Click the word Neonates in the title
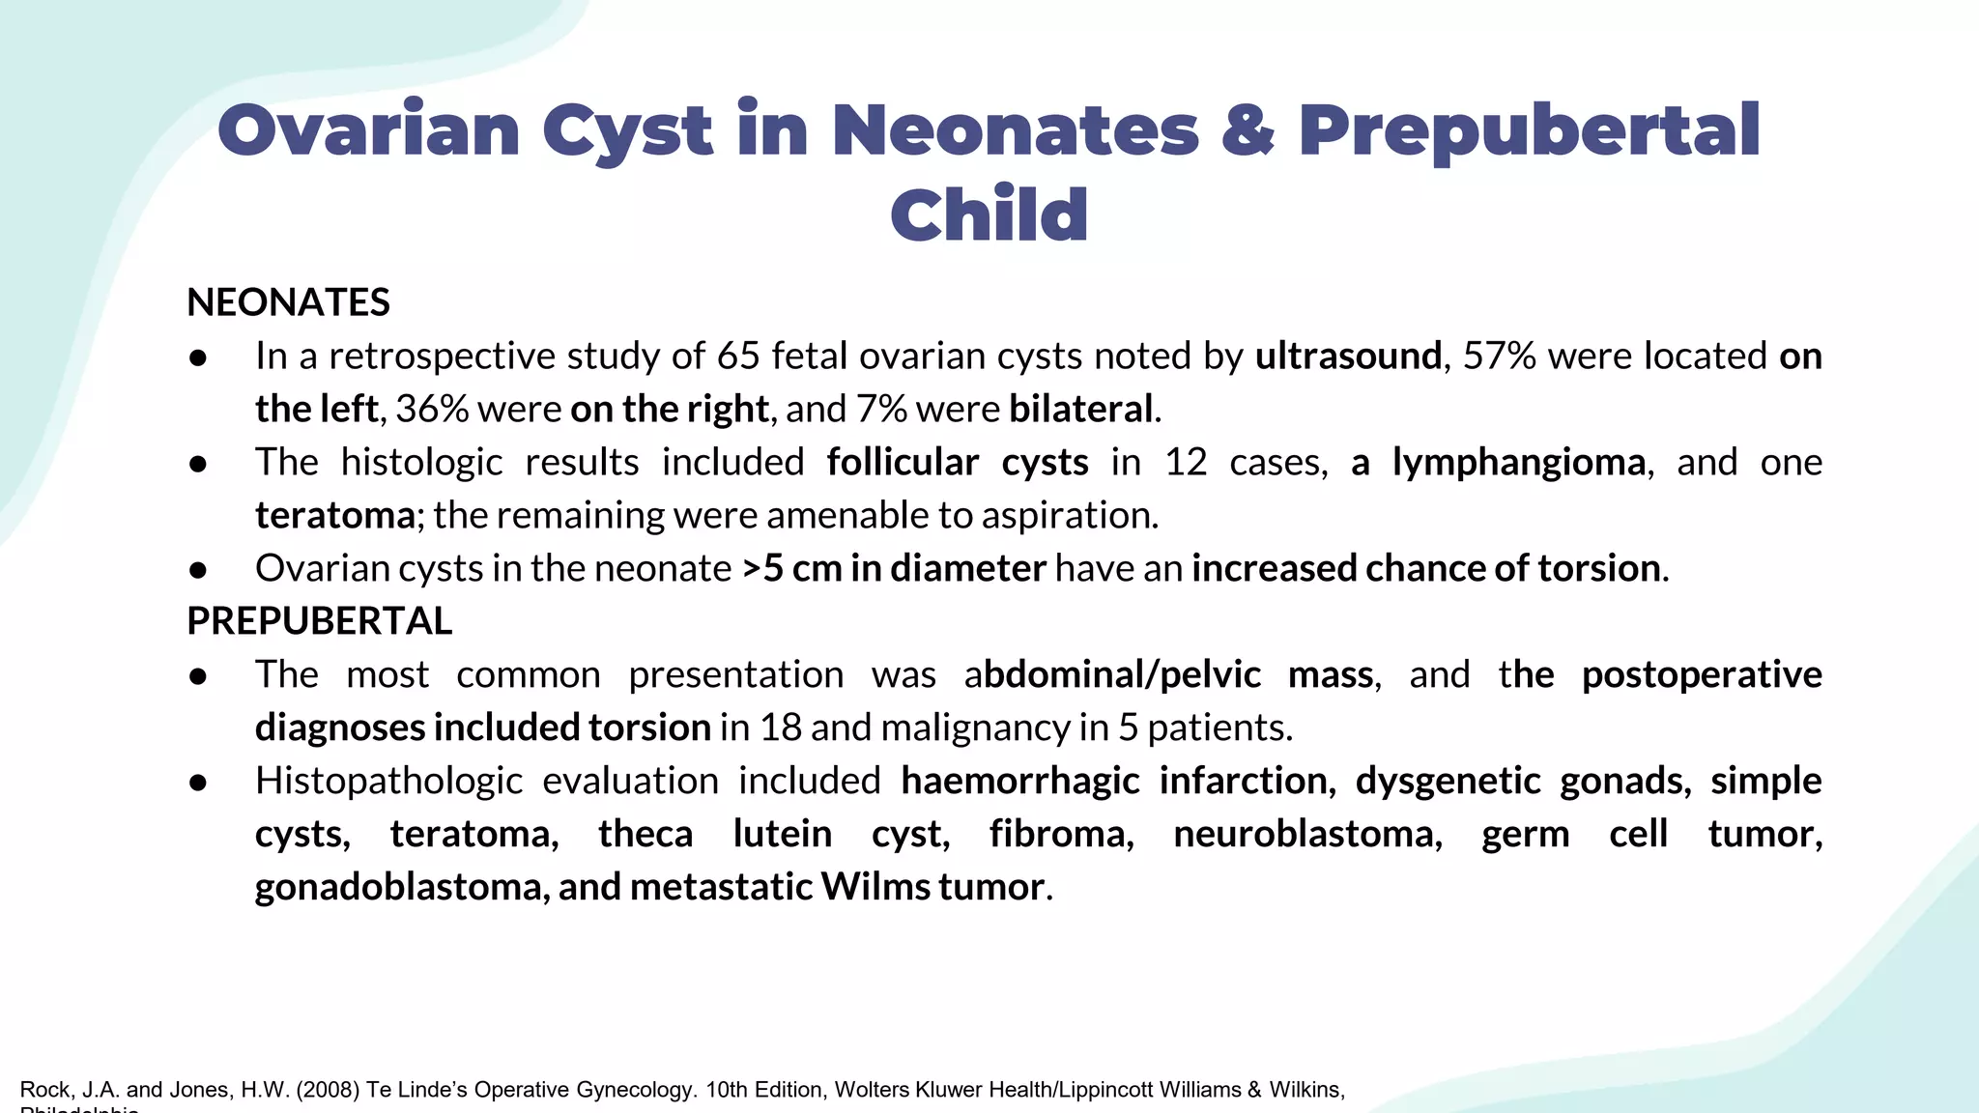1015,130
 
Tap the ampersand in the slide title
1248,130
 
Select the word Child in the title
989,214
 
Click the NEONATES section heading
288,302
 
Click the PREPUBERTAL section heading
319,621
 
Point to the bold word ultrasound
1348,357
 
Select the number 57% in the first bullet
1499,357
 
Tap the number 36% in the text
431,410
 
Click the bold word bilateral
1081,410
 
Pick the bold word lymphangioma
1519,463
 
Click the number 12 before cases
1186,463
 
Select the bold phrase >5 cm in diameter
894,569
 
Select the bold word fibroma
1061,834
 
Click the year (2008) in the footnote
328,1090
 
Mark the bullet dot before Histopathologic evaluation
198,782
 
